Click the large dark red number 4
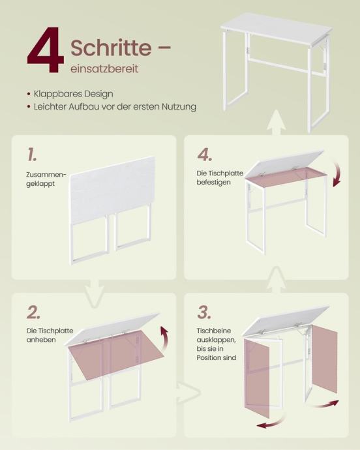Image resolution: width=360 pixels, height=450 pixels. tap(46, 50)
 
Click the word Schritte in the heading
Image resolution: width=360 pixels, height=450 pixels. tap(111, 48)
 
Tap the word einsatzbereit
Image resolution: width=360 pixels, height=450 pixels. tap(104, 69)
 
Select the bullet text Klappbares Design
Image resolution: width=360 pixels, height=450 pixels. tap(74, 94)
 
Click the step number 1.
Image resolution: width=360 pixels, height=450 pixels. tap(32, 155)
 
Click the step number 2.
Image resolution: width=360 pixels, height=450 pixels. tap(33, 312)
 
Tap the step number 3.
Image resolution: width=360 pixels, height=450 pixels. tap(204, 312)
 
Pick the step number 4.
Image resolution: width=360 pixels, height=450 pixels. tap(205, 155)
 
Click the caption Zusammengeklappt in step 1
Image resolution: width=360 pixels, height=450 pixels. tap(46, 179)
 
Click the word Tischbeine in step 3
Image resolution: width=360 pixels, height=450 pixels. tap(214, 331)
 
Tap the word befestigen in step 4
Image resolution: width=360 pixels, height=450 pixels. tap(214, 182)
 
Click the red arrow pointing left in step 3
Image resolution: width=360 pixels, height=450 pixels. tap(271, 423)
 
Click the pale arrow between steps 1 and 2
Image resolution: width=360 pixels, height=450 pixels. tap(95, 293)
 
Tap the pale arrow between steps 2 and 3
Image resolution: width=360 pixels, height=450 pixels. tap(188, 393)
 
